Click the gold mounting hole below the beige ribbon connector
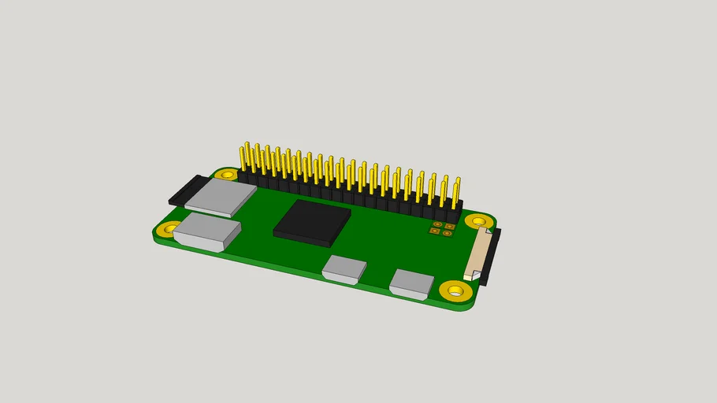455,291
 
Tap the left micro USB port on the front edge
344,269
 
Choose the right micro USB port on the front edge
412,284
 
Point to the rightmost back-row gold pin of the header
458,186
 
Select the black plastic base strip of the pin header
347,197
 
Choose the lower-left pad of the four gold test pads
434,231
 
